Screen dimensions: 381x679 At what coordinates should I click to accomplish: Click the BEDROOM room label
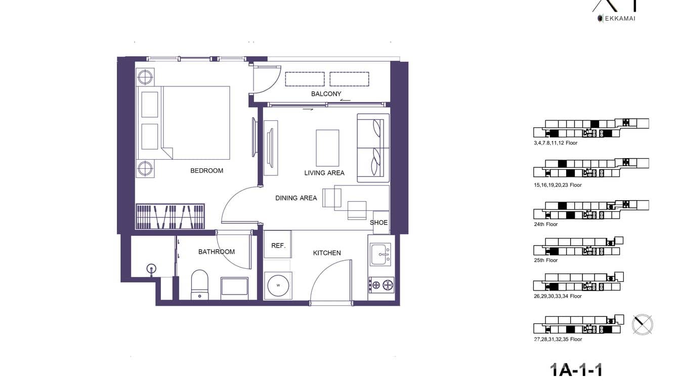206,171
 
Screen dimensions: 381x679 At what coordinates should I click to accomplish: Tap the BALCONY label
326,94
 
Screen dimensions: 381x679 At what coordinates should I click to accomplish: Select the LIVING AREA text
324,173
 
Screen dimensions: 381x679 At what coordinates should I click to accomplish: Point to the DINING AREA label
296,198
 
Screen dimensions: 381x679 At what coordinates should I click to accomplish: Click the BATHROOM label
217,252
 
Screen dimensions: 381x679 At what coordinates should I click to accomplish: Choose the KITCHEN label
327,253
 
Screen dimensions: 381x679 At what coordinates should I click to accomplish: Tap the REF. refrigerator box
278,245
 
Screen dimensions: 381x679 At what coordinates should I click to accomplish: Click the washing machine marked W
278,285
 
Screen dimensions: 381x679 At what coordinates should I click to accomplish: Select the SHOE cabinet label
378,222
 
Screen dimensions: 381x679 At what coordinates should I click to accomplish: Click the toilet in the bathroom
199,285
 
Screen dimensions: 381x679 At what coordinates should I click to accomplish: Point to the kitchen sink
380,254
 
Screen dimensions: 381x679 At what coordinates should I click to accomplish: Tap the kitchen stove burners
381,285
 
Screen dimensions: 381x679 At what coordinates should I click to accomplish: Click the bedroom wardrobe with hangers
170,216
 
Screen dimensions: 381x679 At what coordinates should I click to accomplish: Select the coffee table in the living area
327,148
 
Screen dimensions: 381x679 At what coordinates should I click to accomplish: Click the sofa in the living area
373,148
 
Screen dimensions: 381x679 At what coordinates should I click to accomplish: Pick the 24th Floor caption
546,224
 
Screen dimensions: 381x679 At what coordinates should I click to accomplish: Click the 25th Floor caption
546,260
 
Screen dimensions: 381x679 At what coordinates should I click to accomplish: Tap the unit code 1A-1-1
576,370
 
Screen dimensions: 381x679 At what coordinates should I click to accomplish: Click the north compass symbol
643,324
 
